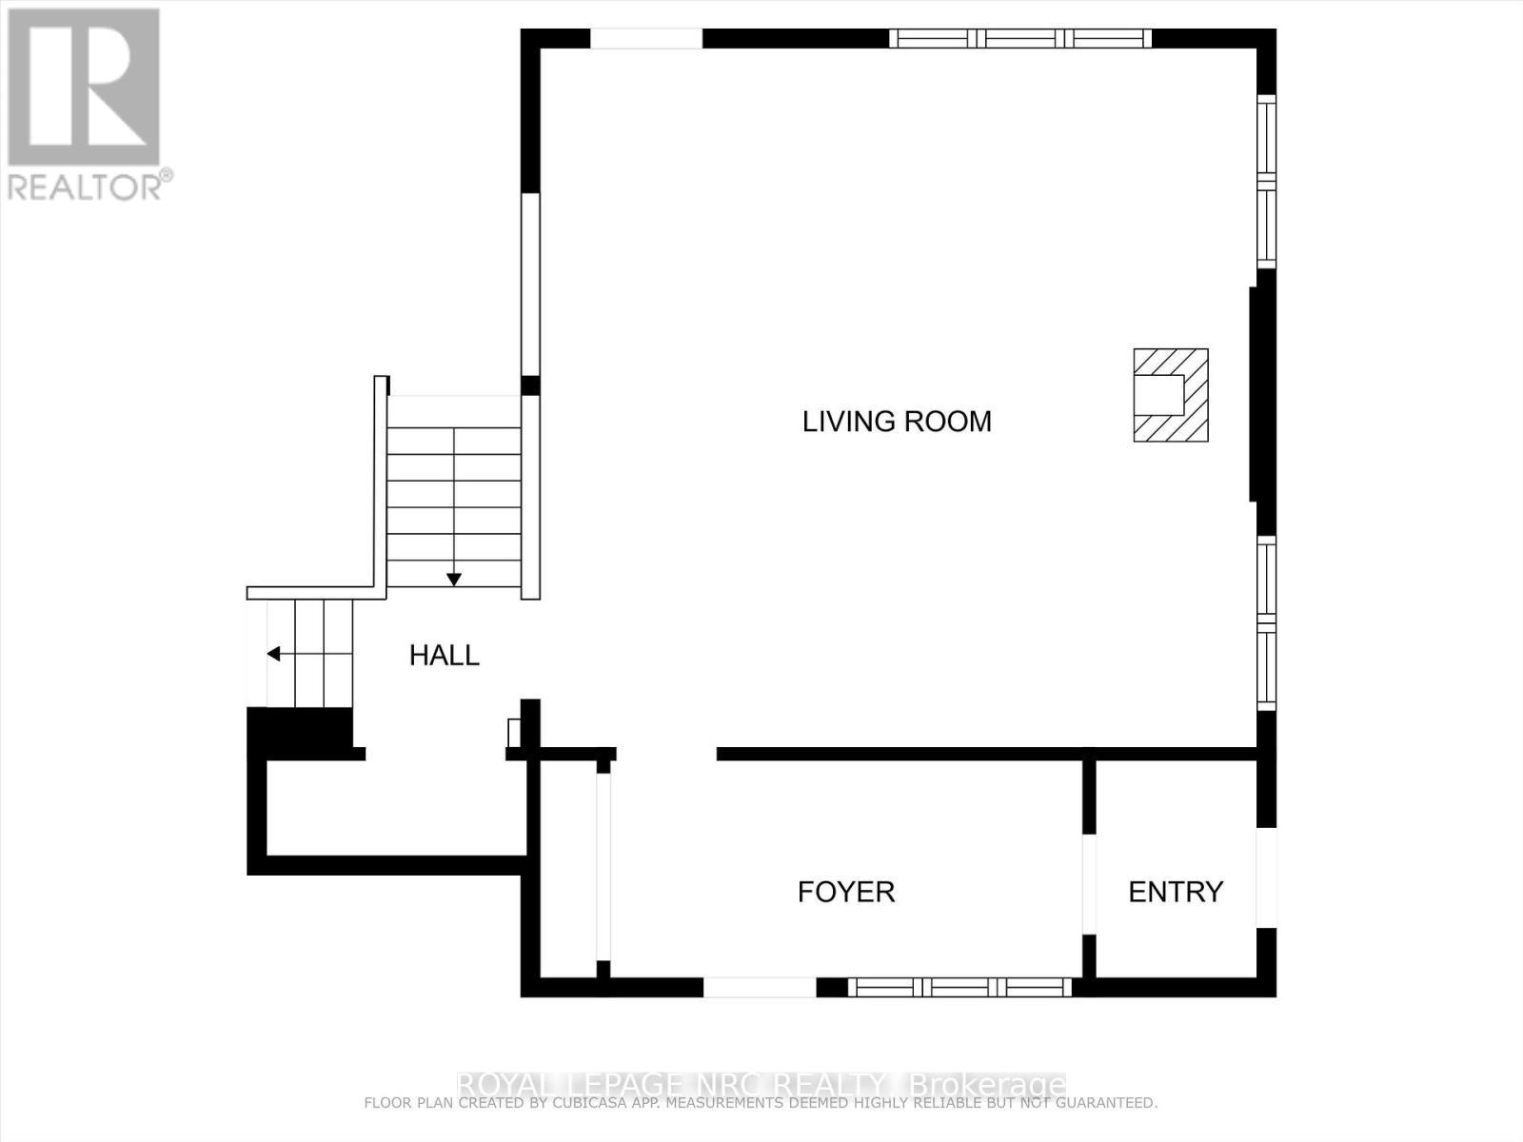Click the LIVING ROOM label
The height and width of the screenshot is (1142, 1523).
[x=897, y=422]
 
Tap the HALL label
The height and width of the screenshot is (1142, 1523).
[x=444, y=656]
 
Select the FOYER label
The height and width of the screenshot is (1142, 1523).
[x=845, y=892]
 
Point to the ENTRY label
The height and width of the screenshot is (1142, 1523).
[x=1175, y=892]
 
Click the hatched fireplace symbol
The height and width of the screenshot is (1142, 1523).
[x=1171, y=395]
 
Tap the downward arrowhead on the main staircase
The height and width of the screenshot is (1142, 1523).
[x=454, y=579]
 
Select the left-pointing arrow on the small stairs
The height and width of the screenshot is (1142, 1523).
[x=274, y=654]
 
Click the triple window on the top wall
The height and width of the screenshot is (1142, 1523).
[x=1020, y=39]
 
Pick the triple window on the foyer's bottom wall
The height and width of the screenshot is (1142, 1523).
[x=959, y=987]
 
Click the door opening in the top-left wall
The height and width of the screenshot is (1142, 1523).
[x=646, y=39]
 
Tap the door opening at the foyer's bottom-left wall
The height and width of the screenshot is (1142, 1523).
[x=760, y=987]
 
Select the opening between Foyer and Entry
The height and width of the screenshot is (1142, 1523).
[x=1089, y=884]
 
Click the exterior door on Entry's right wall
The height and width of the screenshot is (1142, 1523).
[x=1266, y=877]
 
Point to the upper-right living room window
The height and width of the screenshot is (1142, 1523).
[x=1266, y=181]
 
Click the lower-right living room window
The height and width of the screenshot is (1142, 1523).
[x=1266, y=622]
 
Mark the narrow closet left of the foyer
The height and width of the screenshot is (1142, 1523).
[x=568, y=866]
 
